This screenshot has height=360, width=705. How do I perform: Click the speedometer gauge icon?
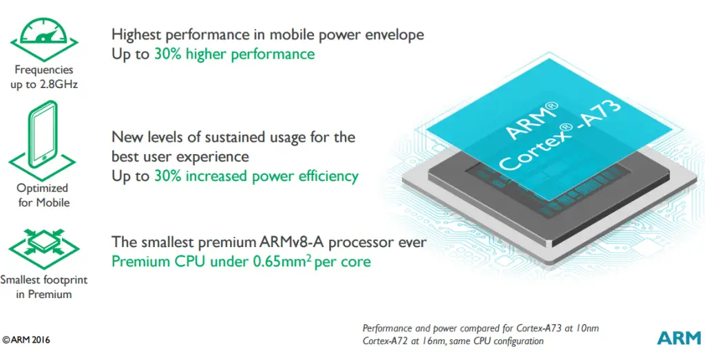(x=44, y=39)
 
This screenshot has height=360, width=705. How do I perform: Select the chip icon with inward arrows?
(x=44, y=249)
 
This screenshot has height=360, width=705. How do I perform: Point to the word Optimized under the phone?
(x=42, y=189)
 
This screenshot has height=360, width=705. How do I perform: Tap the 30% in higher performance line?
(x=168, y=54)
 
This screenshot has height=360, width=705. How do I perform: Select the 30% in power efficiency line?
(x=168, y=176)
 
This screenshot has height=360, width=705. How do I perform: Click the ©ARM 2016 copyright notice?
(x=26, y=340)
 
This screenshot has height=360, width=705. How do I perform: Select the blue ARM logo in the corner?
(x=678, y=338)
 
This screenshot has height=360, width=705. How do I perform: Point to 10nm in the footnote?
(x=586, y=328)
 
